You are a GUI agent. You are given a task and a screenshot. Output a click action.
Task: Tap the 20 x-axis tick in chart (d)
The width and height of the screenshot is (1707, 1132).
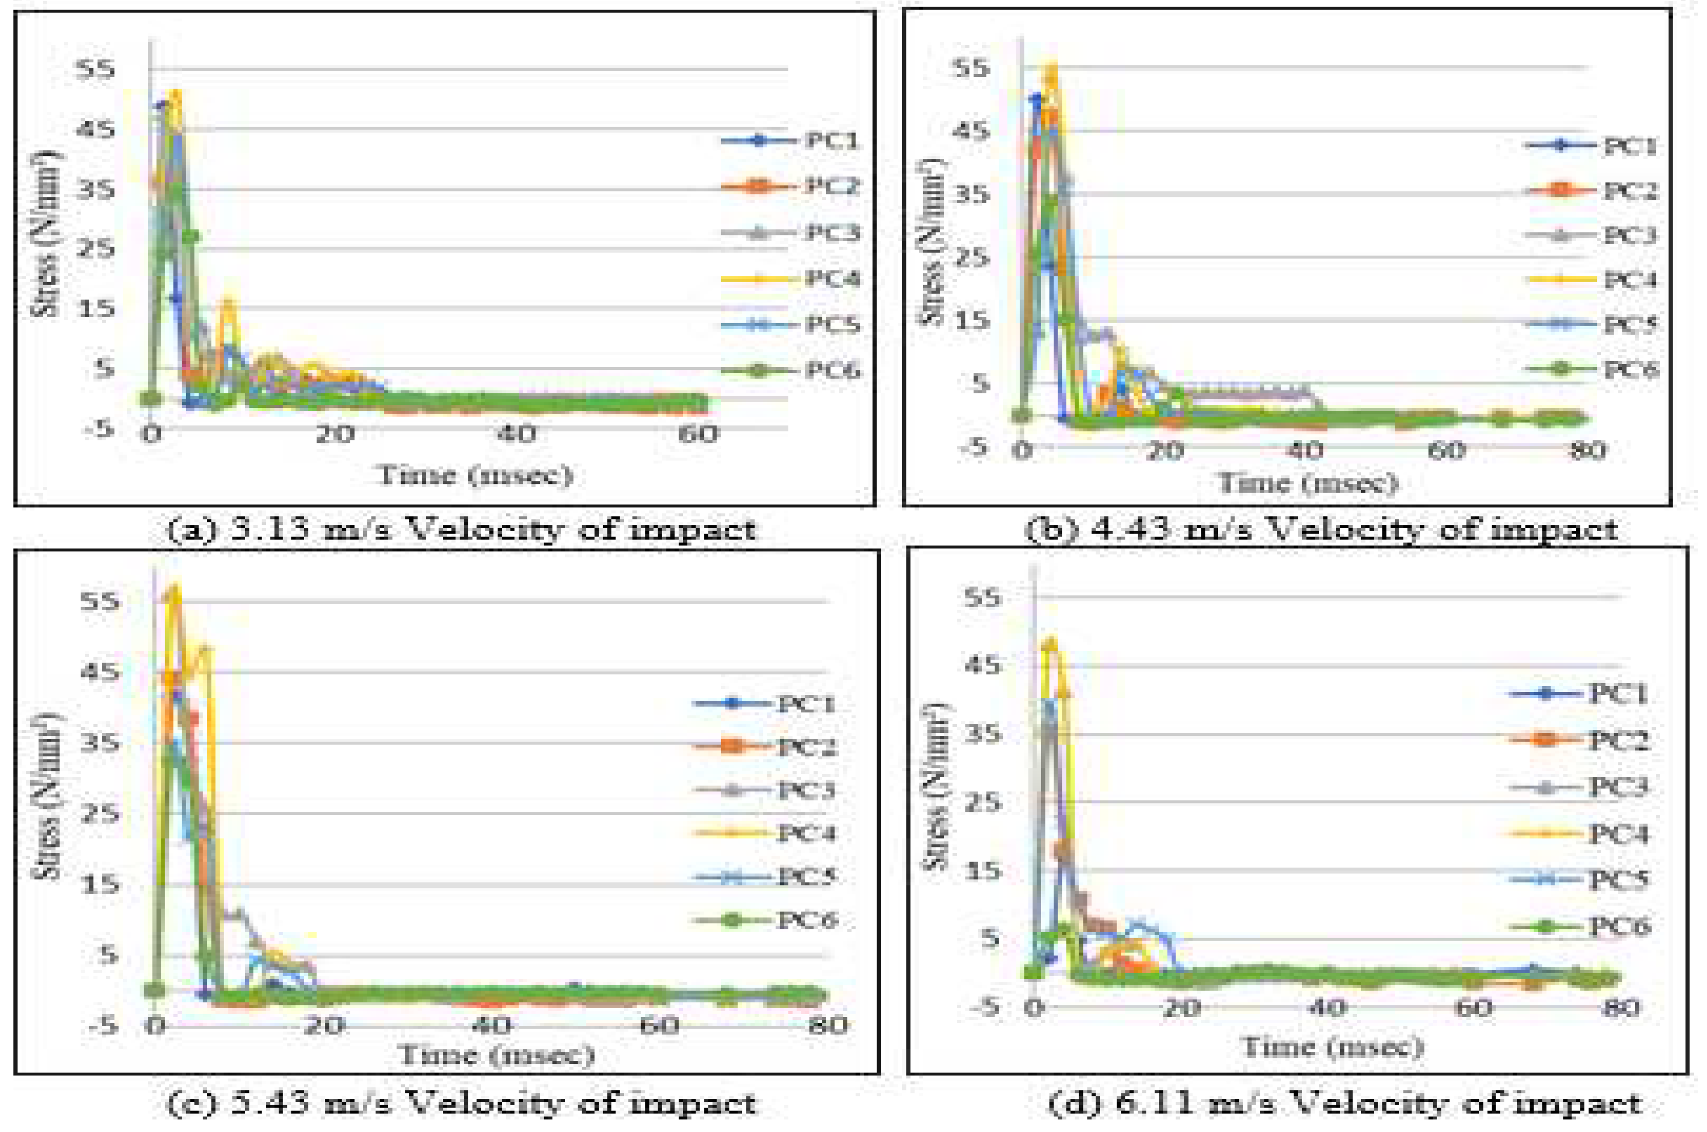1181,1007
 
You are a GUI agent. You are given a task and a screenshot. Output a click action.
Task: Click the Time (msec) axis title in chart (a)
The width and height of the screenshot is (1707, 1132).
475,476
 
